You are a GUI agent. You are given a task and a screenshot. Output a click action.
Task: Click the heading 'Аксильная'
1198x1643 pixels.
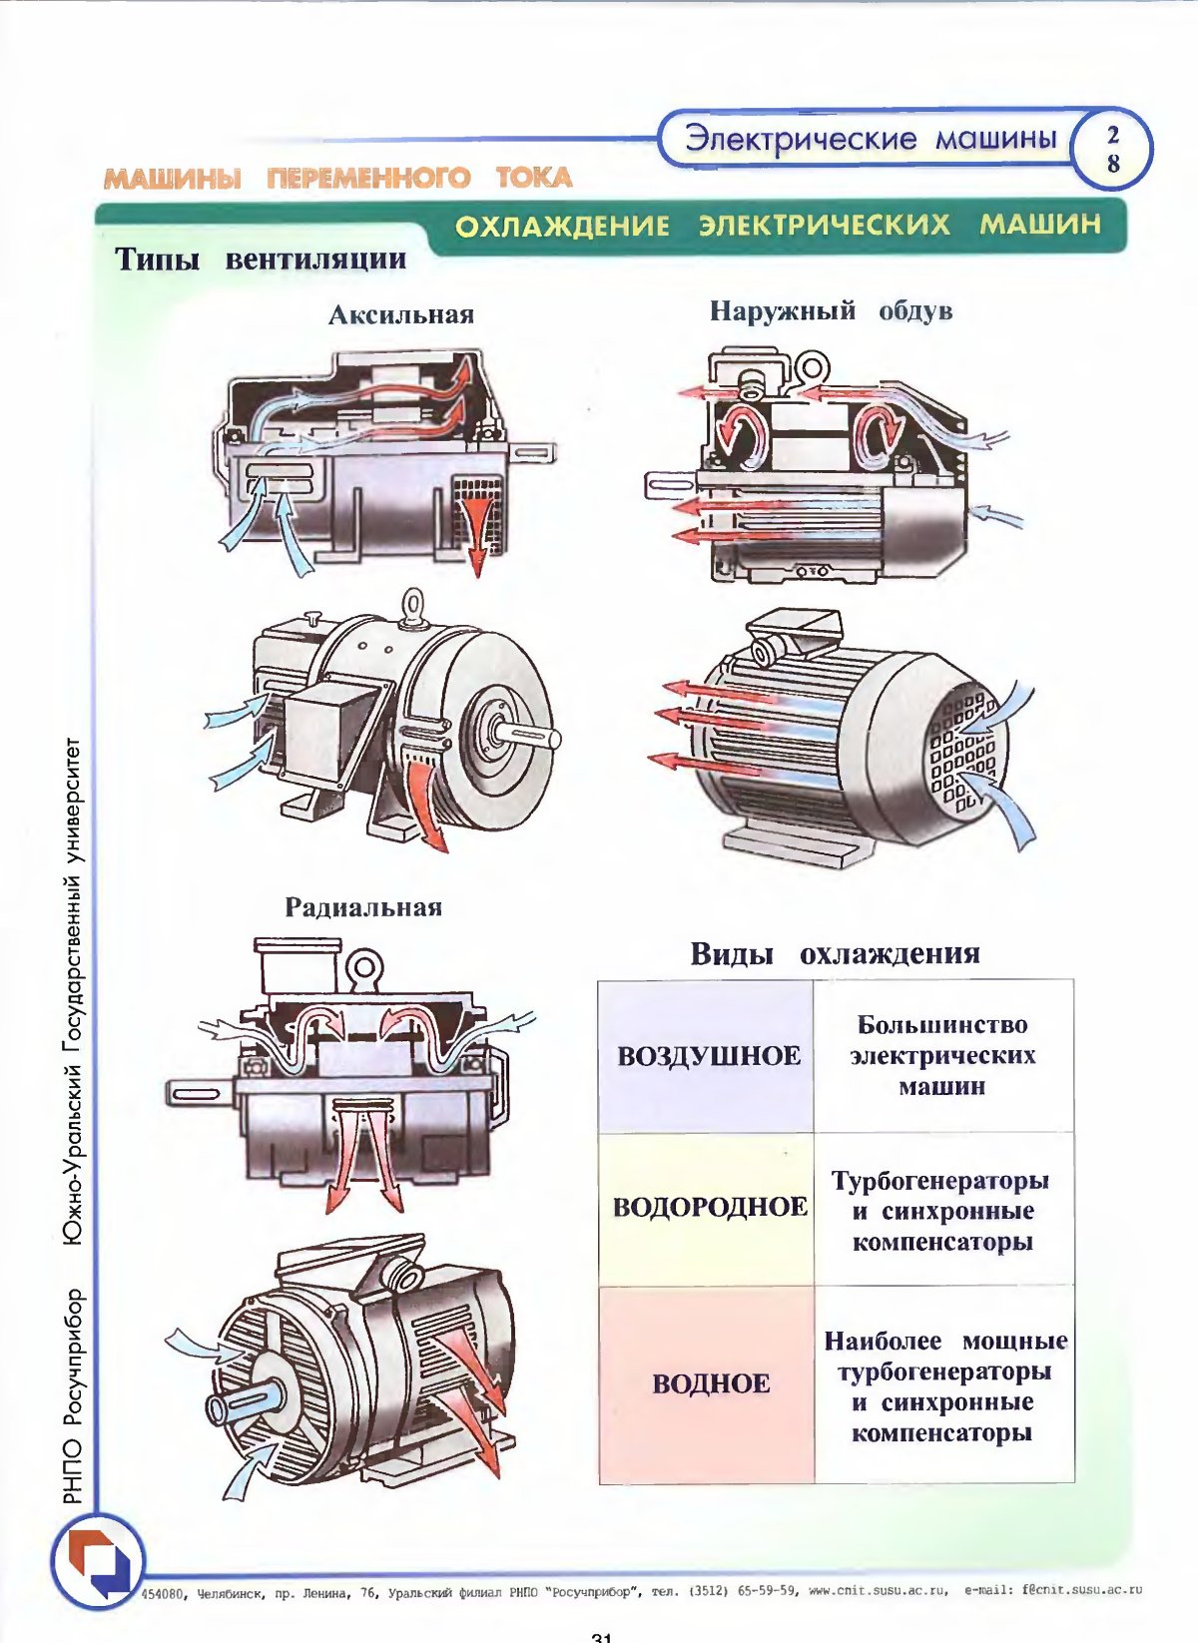pos(401,315)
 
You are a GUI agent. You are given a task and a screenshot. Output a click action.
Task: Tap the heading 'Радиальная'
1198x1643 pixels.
pos(363,907)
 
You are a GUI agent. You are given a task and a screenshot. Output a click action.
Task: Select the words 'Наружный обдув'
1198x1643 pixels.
pos(831,311)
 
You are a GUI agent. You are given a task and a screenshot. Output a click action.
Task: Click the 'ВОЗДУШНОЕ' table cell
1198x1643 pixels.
pos(708,1056)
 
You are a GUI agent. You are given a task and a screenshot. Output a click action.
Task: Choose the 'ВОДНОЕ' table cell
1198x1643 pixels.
pos(710,1383)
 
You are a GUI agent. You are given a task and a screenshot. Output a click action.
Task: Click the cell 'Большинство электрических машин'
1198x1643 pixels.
pos(942,1055)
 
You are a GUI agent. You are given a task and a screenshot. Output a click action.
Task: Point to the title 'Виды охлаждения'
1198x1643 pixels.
pos(835,953)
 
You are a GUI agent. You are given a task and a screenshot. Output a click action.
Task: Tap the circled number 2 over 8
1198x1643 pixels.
pos(1112,149)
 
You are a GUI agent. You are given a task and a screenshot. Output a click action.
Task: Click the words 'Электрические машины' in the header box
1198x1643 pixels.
pos(870,138)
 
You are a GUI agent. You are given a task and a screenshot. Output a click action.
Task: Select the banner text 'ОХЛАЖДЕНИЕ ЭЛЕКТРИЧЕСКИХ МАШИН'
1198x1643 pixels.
pos(778,225)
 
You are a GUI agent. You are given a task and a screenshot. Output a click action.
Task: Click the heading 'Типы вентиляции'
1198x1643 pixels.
pos(261,260)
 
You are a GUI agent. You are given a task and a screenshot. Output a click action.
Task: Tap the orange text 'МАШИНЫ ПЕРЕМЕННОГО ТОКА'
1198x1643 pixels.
pos(338,179)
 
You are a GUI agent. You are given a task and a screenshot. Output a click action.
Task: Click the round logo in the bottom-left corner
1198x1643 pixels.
pos(98,1560)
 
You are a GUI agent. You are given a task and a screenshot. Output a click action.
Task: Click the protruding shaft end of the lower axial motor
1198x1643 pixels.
pos(528,736)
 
